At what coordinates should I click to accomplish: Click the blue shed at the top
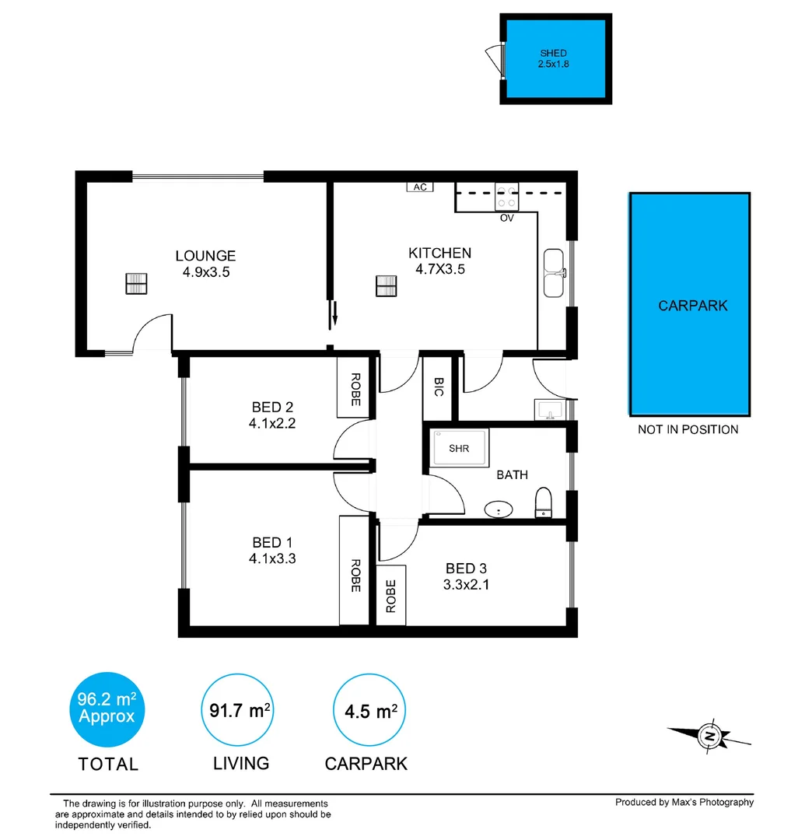click(555, 60)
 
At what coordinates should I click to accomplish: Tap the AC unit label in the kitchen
click(420, 187)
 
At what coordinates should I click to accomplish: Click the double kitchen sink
click(555, 273)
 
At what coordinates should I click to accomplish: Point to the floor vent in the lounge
click(136, 285)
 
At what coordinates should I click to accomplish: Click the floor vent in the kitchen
click(386, 286)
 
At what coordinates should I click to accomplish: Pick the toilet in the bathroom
click(544, 502)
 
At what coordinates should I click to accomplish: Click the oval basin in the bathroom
click(498, 510)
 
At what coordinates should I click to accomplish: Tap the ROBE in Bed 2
click(355, 388)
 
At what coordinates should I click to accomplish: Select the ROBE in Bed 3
click(391, 597)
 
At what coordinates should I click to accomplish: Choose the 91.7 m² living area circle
click(240, 709)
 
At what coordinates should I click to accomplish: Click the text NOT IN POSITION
click(688, 429)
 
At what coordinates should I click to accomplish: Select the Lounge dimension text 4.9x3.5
click(205, 272)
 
